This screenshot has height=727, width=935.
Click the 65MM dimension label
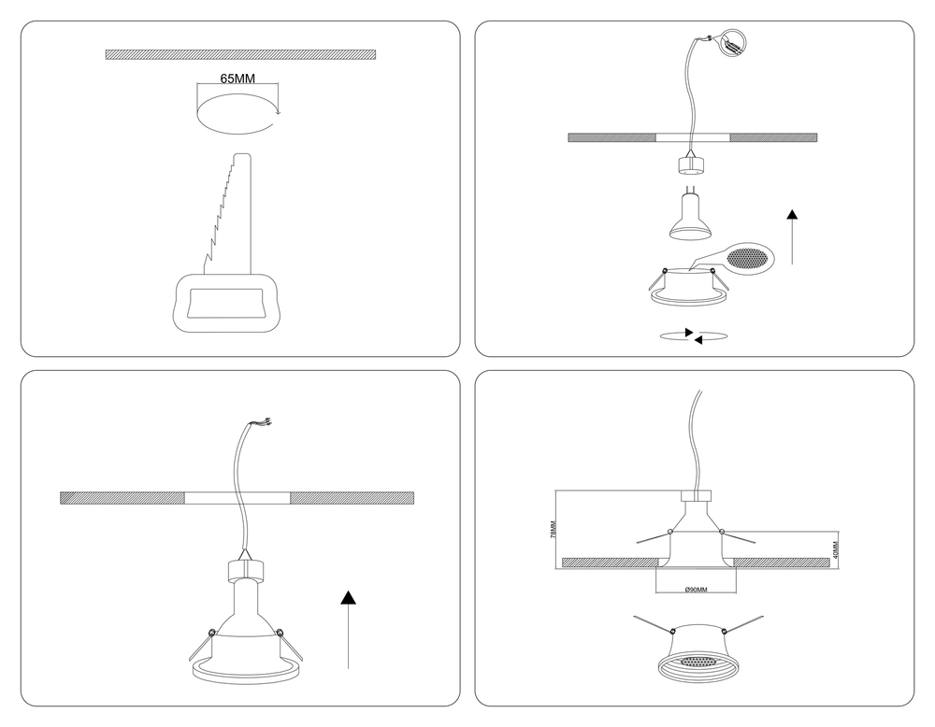(x=237, y=78)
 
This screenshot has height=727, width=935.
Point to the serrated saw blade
(x=228, y=215)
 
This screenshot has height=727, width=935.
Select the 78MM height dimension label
(x=553, y=529)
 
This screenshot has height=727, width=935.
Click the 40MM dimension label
(x=835, y=549)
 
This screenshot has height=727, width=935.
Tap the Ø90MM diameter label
(x=696, y=590)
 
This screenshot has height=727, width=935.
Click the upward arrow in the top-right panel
(x=792, y=236)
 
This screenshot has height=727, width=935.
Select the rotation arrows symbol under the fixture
(x=694, y=336)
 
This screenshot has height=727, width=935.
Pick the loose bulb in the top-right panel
(x=691, y=216)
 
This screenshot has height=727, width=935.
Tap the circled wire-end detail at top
(x=734, y=42)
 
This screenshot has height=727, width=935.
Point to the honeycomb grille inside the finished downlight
(x=696, y=662)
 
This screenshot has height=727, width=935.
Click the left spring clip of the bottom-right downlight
(x=654, y=624)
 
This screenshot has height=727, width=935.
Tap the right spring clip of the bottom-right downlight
(x=741, y=624)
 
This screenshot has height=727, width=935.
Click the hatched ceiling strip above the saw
(x=240, y=55)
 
